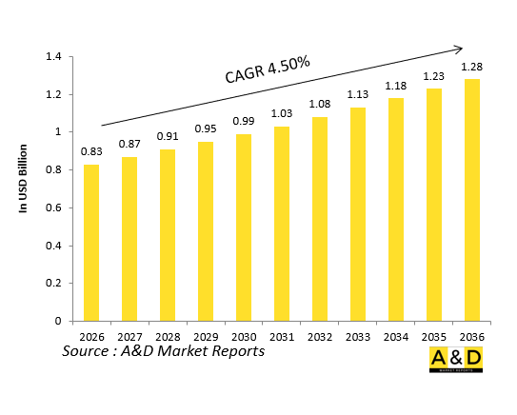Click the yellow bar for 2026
coord(90,243)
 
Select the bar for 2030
coord(244,227)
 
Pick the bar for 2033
coord(358,214)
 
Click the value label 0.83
coord(90,152)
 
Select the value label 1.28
coord(472,67)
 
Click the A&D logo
coord(455,360)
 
